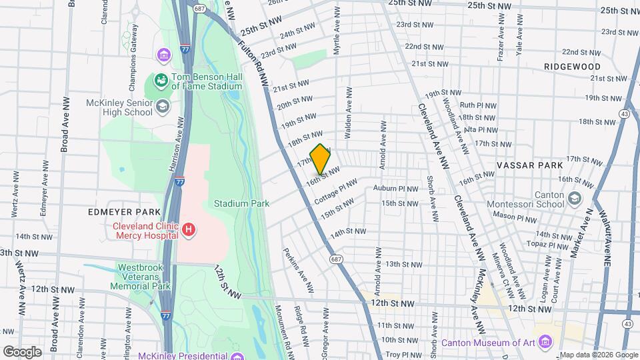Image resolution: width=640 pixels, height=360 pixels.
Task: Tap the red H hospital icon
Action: coord(189,230)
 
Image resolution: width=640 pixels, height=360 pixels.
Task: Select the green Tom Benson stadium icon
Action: coord(160,81)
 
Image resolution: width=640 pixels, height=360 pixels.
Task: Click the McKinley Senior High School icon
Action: coord(162,107)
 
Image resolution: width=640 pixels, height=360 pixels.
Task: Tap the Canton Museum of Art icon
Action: coord(545,343)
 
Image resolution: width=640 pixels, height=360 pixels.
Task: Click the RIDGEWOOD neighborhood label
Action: coord(571,67)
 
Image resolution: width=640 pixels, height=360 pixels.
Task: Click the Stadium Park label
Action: coord(241,203)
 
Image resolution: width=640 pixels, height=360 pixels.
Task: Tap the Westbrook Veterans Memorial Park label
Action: coord(141,276)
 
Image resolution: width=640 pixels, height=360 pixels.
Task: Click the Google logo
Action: coord(22,351)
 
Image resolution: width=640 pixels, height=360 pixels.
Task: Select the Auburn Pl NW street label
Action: coord(395,189)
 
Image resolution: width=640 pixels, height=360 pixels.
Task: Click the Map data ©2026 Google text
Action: coord(598,354)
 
